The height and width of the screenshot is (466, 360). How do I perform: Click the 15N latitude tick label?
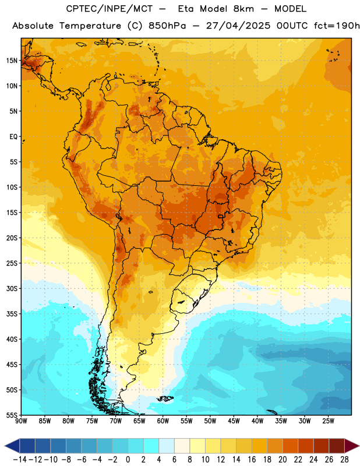click(12, 61)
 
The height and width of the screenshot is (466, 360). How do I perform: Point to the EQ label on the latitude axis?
click(13, 137)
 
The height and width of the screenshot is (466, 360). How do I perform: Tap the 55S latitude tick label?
click(12, 415)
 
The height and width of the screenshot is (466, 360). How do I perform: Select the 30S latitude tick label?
click(12, 288)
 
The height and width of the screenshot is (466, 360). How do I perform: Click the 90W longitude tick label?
click(21, 421)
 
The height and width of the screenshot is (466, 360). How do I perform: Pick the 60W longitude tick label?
click(163, 421)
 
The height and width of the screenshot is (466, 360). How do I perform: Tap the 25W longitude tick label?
click(328, 421)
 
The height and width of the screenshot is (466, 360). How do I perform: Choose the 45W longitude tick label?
click(234, 421)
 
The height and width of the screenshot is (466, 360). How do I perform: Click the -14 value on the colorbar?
click(20, 460)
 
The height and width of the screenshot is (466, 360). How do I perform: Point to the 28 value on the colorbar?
click(344, 460)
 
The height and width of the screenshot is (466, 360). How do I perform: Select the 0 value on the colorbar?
click(128, 460)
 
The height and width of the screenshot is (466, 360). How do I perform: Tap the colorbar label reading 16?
click(252, 460)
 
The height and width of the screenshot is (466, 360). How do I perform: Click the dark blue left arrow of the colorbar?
click(12, 446)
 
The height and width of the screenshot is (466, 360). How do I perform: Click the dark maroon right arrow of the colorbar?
click(352, 446)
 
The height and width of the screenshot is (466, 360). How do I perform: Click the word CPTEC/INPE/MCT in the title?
click(110, 9)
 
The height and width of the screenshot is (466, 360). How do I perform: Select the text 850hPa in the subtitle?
click(167, 26)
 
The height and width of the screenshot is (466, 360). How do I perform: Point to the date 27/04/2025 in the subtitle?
click(238, 26)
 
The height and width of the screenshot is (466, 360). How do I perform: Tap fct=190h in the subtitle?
click(337, 26)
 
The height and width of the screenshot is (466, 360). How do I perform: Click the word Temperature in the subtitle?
click(90, 26)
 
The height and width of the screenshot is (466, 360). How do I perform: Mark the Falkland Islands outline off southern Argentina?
click(165, 398)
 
